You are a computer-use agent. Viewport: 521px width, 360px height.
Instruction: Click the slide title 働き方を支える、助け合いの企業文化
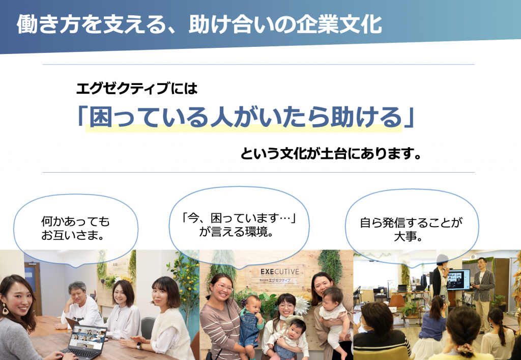point(199,24)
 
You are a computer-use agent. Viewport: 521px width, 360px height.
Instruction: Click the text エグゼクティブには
point(137,89)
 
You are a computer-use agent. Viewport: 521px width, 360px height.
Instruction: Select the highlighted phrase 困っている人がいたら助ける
point(246,117)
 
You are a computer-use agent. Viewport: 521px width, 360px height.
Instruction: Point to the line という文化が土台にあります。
point(331,154)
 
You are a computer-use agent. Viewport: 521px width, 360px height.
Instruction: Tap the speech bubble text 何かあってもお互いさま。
point(75,228)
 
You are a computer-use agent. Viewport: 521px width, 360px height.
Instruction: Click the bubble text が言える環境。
point(236,232)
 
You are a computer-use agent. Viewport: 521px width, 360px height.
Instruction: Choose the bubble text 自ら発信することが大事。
point(411,229)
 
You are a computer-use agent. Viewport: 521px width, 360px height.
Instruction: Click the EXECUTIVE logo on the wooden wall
point(280,271)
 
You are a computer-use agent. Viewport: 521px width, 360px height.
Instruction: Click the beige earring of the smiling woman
point(5,309)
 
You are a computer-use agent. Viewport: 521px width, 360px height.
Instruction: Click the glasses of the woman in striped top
point(225,287)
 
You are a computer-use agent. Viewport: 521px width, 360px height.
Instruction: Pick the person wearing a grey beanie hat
point(441,275)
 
